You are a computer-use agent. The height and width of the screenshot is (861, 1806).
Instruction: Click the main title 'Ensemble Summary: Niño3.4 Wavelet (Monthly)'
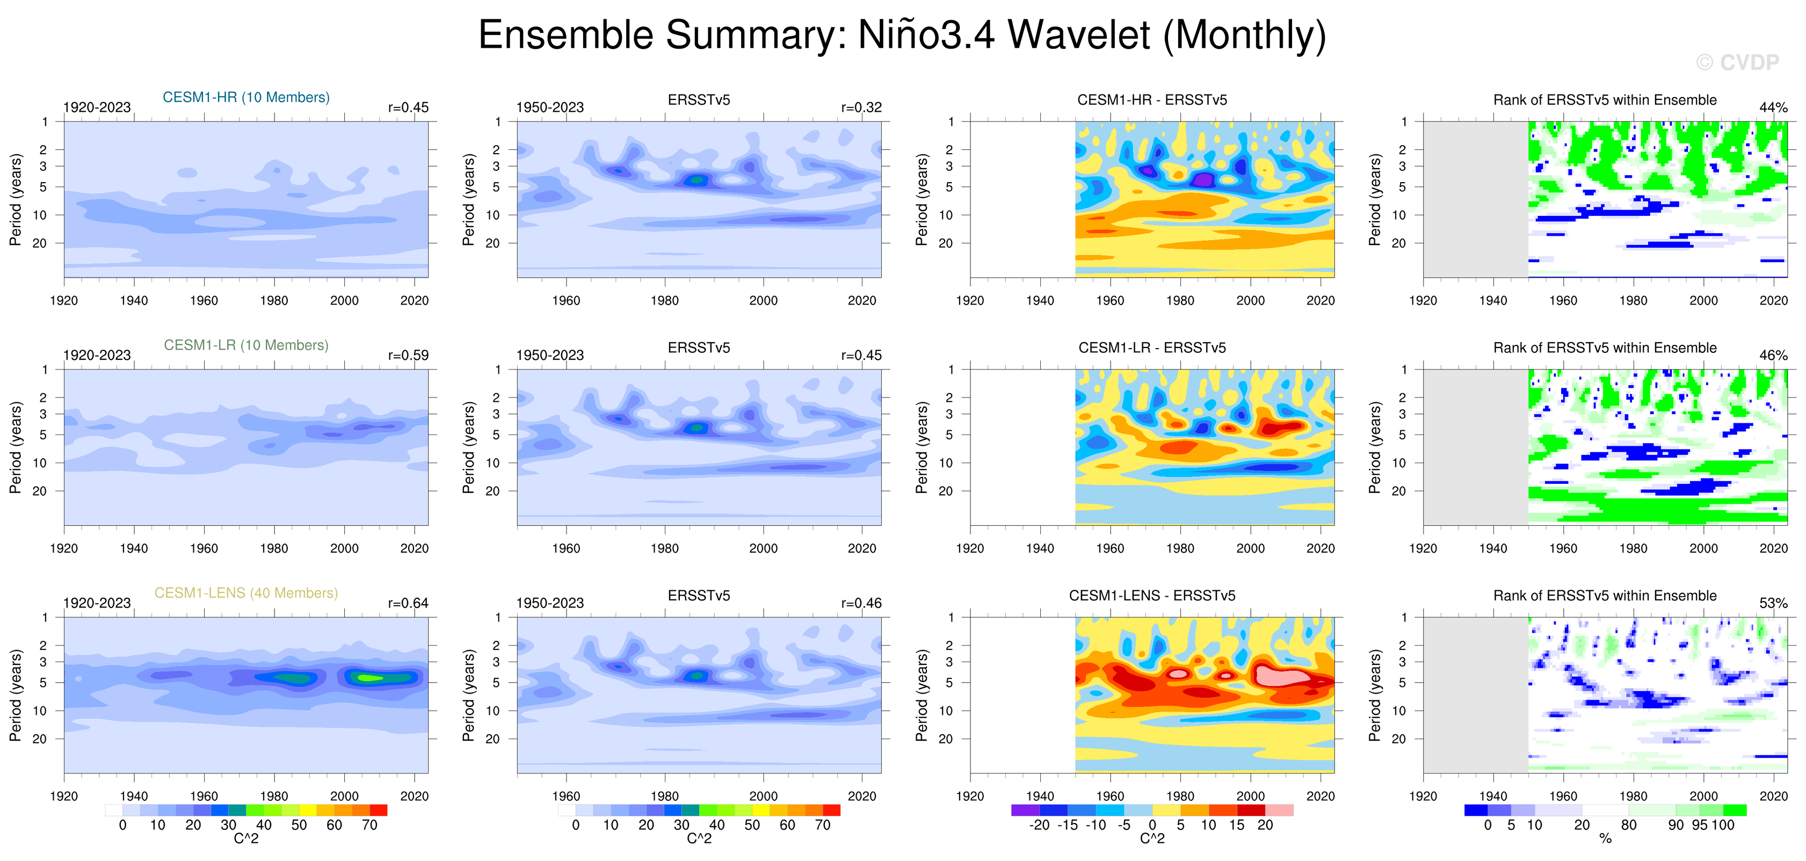(x=902, y=35)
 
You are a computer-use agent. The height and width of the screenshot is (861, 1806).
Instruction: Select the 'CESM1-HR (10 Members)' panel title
(x=246, y=97)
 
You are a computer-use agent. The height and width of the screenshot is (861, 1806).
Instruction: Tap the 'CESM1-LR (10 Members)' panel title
(x=246, y=345)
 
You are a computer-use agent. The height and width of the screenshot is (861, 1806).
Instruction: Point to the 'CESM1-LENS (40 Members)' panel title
(x=246, y=593)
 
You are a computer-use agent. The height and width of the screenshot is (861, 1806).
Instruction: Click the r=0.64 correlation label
(x=408, y=603)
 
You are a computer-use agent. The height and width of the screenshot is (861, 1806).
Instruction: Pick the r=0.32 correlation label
(x=861, y=107)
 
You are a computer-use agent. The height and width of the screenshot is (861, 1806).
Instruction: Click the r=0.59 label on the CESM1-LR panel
(x=408, y=356)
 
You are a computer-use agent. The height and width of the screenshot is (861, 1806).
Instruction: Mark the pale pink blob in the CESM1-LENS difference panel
(x=1280, y=677)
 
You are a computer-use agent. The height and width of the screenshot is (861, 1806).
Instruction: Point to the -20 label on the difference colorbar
(x=1039, y=825)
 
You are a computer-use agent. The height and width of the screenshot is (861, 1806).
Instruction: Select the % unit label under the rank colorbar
(x=1606, y=838)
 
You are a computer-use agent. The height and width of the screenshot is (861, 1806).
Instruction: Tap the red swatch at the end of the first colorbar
(x=379, y=811)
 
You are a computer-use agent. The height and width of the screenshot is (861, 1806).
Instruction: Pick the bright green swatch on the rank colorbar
(x=1735, y=811)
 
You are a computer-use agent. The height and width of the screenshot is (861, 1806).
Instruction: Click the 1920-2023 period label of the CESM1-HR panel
(x=97, y=107)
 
